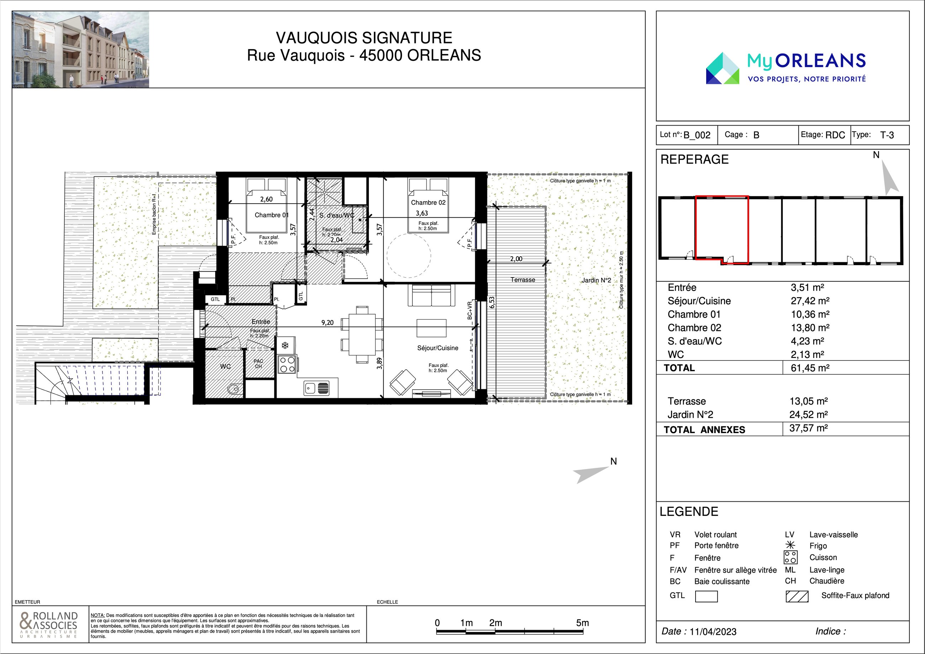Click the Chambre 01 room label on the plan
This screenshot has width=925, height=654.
tap(271, 215)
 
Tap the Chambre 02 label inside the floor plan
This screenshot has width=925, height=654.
tap(428, 203)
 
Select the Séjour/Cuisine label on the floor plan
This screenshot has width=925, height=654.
tap(438, 348)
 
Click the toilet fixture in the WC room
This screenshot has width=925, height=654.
tap(234, 389)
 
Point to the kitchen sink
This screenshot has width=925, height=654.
tap(316, 389)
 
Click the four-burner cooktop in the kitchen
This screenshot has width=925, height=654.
tap(287, 364)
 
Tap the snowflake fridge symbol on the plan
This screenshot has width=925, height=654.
tap(285, 346)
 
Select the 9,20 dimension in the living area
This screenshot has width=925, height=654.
tap(327, 323)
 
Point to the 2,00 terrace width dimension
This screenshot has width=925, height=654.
tap(516, 259)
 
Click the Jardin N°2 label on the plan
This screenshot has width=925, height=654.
tap(596, 280)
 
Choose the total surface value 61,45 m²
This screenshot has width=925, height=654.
tap(810, 368)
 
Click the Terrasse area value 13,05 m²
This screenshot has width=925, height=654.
tap(809, 401)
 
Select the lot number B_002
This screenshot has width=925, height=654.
tap(697, 135)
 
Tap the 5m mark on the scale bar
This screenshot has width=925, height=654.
tap(582, 623)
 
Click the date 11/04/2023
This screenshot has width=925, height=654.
tap(713, 632)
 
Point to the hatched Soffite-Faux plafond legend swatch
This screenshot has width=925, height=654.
tap(797, 596)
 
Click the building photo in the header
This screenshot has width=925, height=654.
tap(80, 49)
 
